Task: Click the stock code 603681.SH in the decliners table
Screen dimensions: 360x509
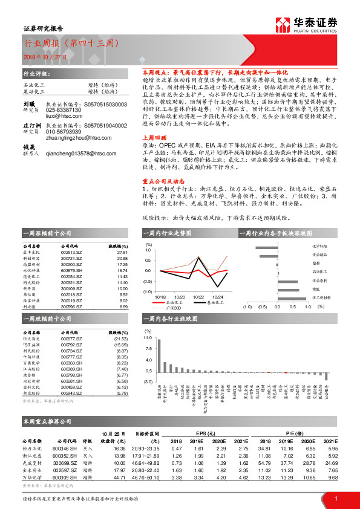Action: click(71, 382)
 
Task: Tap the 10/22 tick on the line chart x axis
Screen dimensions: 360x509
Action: click(198, 297)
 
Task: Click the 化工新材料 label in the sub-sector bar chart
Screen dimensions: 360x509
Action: click(321, 297)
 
